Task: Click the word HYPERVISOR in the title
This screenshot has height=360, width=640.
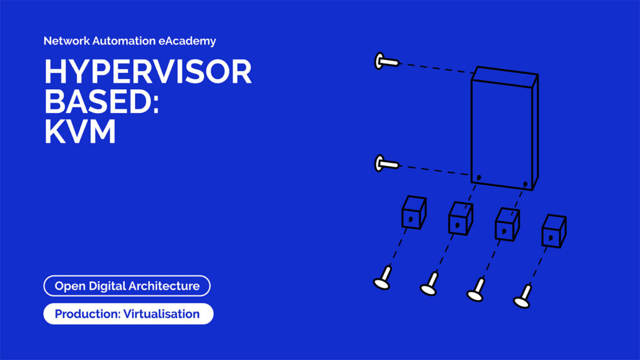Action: pos(147,72)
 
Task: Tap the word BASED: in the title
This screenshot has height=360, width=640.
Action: pos(101,102)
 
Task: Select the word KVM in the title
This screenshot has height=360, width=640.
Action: pos(80,132)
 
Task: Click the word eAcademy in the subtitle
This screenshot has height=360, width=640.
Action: pos(187,41)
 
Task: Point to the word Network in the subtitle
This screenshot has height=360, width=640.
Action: pos(65,41)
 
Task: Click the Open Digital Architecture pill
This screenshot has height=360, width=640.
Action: pos(127,286)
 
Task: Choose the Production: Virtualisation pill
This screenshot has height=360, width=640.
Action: pos(128,314)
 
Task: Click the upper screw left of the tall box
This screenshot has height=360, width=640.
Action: pos(386,61)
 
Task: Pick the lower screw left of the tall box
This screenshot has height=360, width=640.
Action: pos(386,164)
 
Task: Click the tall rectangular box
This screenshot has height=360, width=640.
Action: pos(504,129)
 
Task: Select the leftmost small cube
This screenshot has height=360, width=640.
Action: pos(413,213)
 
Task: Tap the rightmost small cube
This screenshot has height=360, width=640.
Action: pos(553,231)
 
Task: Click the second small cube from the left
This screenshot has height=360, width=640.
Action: pos(460,218)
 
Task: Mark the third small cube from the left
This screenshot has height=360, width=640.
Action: pos(507,224)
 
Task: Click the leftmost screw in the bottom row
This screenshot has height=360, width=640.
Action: pos(383,279)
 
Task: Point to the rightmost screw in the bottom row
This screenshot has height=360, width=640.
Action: pos(523,297)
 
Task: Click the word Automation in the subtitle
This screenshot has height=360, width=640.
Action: pos(123,41)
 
